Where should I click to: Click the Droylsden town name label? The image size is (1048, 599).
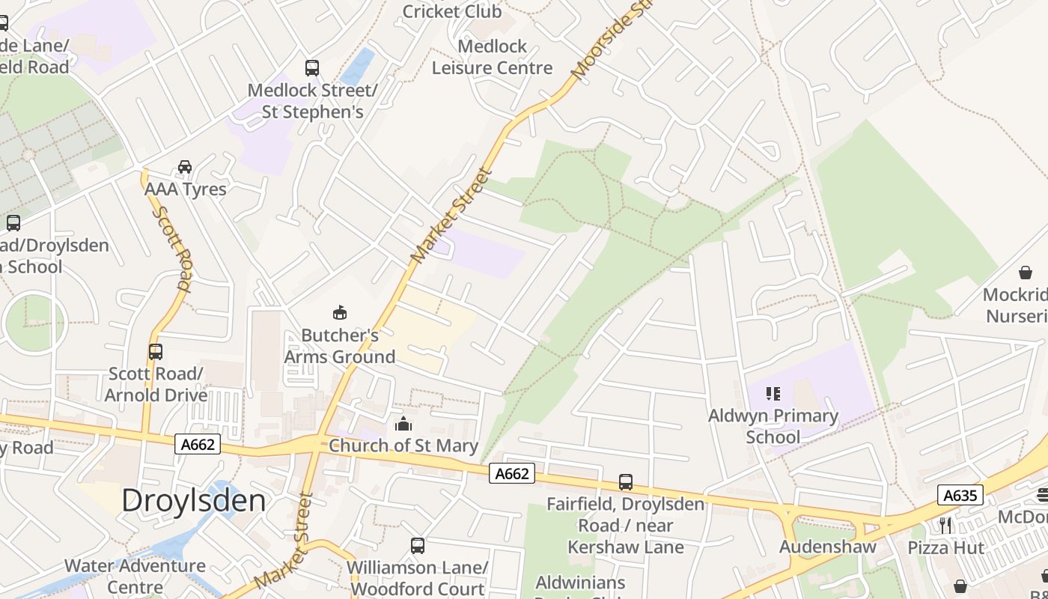tap(193, 500)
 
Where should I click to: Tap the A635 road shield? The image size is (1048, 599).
tap(960, 495)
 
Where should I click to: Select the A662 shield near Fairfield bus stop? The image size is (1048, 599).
tap(512, 473)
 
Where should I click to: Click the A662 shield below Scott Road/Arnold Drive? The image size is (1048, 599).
tap(198, 444)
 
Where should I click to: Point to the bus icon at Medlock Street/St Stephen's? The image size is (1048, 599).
tap(312, 68)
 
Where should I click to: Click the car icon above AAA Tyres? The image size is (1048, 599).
tap(185, 166)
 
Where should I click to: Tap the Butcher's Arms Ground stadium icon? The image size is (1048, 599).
tap(340, 312)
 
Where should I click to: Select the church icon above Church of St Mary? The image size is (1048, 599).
tap(403, 425)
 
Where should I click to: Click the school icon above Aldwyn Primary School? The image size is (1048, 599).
tap(773, 394)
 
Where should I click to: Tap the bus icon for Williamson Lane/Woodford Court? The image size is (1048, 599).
tap(418, 546)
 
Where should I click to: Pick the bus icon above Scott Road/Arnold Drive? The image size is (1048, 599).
tap(156, 351)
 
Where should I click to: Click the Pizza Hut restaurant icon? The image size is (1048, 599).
tap(945, 526)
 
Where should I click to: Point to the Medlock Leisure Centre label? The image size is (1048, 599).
tap(492, 57)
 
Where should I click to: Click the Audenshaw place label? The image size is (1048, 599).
tap(827, 546)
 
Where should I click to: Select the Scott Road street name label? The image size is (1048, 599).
tap(173, 248)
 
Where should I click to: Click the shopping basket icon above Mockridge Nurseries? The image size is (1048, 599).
tap(1025, 273)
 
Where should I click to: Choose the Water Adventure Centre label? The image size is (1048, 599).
tap(135, 576)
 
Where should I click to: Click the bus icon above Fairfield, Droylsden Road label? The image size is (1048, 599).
tap(626, 482)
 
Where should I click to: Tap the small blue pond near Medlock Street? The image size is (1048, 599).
tap(359, 66)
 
